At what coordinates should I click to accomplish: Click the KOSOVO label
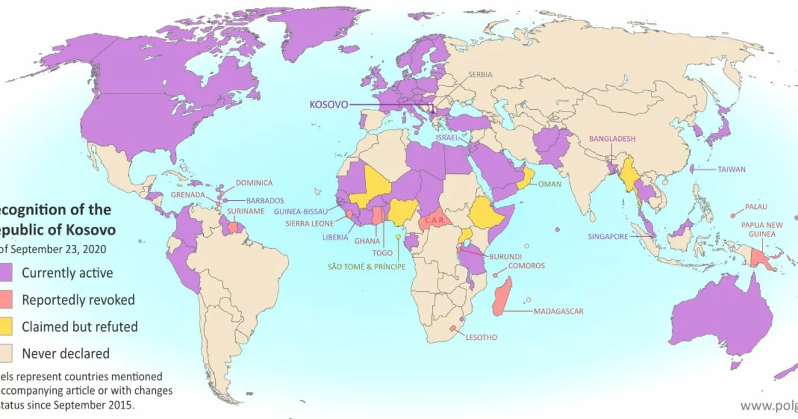click(x=329, y=104)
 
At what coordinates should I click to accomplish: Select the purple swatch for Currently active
click(x=7, y=272)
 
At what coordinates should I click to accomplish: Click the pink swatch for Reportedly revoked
click(x=7, y=300)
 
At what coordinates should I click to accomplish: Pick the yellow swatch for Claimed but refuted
click(x=7, y=327)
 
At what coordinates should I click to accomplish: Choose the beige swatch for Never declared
click(x=7, y=354)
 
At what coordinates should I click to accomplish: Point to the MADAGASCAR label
click(x=559, y=311)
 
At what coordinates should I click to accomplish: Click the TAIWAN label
click(x=731, y=169)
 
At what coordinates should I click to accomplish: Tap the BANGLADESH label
click(x=612, y=138)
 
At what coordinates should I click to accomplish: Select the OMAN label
click(x=549, y=184)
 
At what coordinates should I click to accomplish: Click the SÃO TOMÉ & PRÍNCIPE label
click(x=367, y=266)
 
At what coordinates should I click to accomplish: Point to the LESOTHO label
click(x=481, y=337)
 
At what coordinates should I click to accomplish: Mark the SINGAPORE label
click(x=608, y=237)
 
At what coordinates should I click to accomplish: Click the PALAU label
click(x=756, y=207)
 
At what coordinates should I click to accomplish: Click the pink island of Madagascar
click(x=502, y=297)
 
